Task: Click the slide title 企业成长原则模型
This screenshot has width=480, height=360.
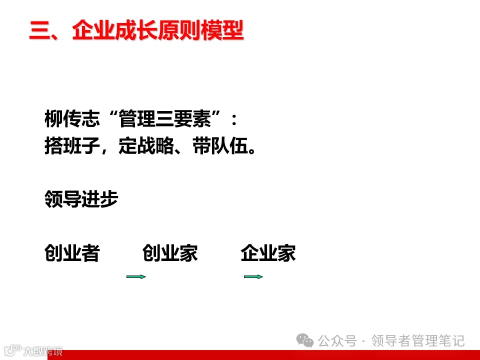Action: [x=157, y=31]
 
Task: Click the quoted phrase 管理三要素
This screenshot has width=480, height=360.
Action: [x=165, y=120]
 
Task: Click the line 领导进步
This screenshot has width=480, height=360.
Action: [x=81, y=199]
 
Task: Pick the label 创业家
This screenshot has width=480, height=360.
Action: [x=170, y=253]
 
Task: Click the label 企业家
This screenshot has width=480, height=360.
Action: [x=268, y=253]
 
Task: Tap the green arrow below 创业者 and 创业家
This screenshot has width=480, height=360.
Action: [x=136, y=276]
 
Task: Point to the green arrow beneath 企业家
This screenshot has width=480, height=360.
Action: [x=253, y=276]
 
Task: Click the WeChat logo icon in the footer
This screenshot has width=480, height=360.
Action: [x=305, y=340]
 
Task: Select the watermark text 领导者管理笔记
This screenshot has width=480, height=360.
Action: [x=418, y=341]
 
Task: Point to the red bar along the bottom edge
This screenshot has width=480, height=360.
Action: [x=270, y=355]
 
